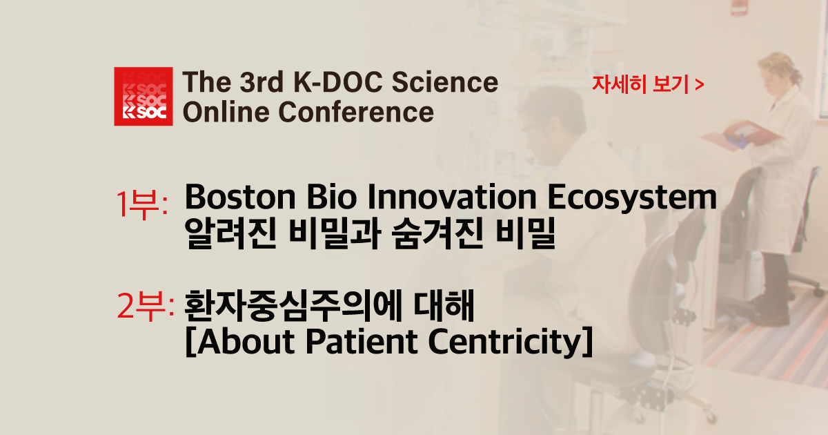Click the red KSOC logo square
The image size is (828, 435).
pos(143,97)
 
